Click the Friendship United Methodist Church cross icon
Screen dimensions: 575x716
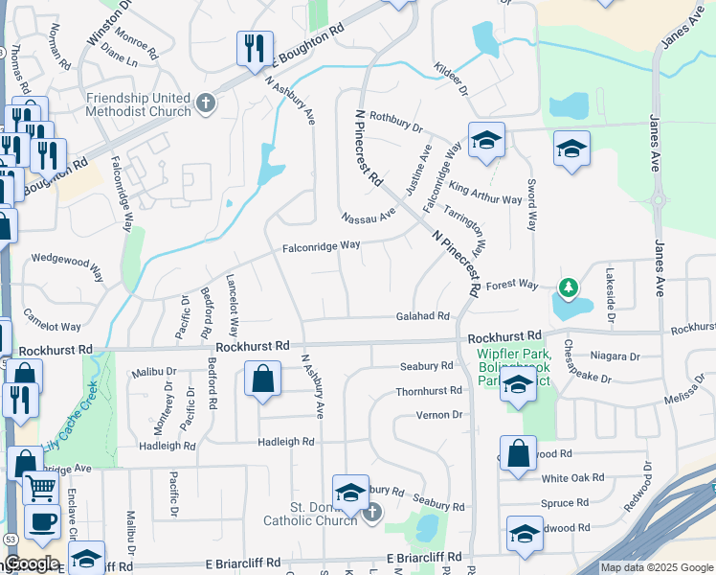coord(206,103)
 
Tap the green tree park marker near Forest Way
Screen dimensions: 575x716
coord(569,287)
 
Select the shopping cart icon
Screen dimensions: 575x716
coord(39,488)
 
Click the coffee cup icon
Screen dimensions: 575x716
coord(40,522)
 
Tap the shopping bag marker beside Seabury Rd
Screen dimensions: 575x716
coord(262,379)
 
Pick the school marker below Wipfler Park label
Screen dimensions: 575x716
coord(518,386)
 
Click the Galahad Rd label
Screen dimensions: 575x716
coord(423,316)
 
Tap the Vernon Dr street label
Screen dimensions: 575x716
coord(439,415)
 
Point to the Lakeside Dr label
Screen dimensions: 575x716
coord(609,293)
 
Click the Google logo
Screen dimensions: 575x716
coord(32,563)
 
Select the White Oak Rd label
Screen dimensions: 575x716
coord(572,477)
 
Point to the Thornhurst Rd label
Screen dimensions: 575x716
coord(429,391)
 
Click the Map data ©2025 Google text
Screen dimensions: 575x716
coord(658,567)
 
